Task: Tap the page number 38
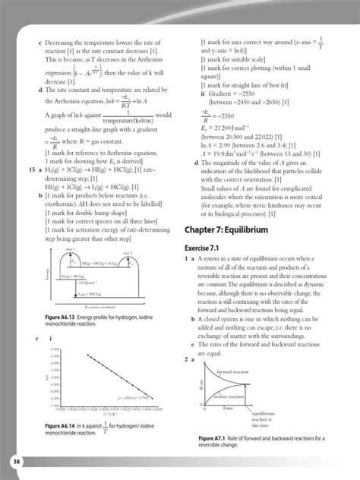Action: (x=16, y=463)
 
